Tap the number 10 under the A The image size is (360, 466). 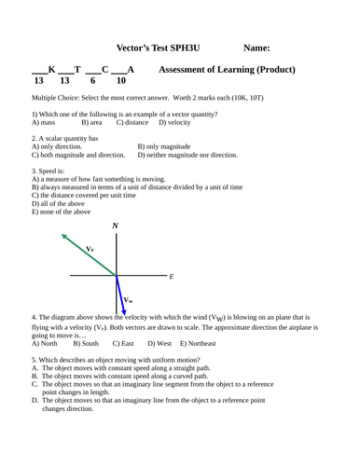pos(120,82)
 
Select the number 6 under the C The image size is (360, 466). pos(92,82)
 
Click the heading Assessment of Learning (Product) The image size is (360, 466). pos(228,70)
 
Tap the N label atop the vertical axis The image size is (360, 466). pos(115,226)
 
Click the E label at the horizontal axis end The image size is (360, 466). pos(172,277)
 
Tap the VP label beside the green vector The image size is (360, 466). pos(90,250)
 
